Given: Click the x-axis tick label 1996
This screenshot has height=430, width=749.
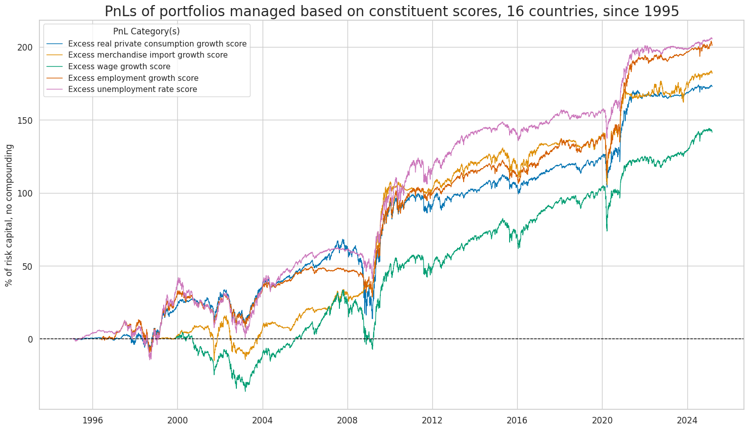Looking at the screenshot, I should [x=92, y=420].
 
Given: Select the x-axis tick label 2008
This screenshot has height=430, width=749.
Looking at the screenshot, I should [x=347, y=420].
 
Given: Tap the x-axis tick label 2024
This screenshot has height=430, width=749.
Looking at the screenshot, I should [x=687, y=420].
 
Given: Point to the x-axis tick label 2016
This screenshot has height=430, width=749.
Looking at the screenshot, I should [x=517, y=420].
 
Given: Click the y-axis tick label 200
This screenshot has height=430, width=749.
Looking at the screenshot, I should [x=26, y=47].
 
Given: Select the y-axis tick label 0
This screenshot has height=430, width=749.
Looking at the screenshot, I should [x=30, y=339].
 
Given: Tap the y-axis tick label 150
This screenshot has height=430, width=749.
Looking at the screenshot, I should [x=26, y=120].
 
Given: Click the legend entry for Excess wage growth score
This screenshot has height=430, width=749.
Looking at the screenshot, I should [x=119, y=67].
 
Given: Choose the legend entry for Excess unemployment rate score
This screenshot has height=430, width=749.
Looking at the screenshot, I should [x=132, y=89].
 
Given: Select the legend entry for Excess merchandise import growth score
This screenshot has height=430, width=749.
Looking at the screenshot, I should [x=147, y=55].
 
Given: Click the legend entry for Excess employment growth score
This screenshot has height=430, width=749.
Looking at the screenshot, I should [x=133, y=78].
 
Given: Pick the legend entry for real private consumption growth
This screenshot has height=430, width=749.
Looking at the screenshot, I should [x=157, y=44].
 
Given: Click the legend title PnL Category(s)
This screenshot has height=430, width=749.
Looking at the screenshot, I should [x=146, y=31].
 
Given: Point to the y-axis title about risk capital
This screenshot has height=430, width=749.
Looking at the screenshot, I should [x=9, y=215].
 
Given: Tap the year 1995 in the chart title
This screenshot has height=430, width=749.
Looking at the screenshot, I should [x=660, y=11].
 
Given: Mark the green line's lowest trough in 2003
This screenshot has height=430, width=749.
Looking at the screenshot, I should [x=245, y=391].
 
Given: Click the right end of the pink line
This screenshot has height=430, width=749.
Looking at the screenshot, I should [x=712, y=38].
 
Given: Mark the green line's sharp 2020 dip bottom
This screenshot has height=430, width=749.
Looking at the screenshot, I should [x=607, y=231].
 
